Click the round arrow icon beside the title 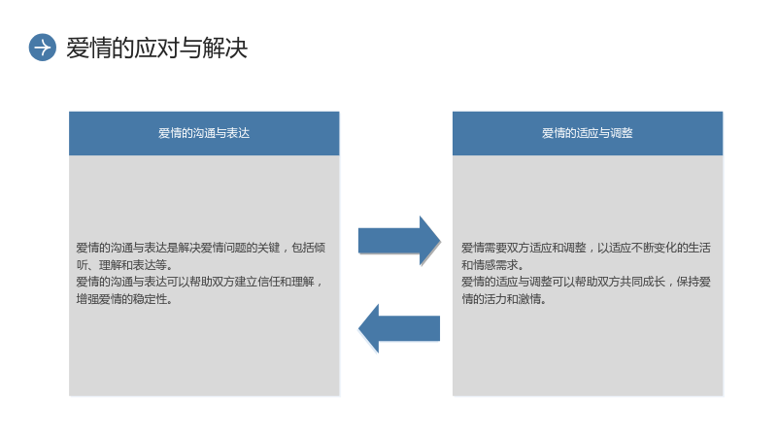point(43,48)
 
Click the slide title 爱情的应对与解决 point(156,48)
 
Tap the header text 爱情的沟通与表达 point(204,133)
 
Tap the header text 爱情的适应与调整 point(588,133)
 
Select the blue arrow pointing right point(399,241)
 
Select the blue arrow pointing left point(399,328)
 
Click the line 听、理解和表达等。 point(124,264)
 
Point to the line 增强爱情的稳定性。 point(124,299)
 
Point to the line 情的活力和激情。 point(504,299)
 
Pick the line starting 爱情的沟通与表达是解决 point(201,248)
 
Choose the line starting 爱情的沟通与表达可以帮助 point(200,282)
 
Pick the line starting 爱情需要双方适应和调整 point(587,248)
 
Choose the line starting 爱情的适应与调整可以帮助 point(587,282)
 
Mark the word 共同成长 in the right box point(642,282)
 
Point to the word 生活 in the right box point(699,248)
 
